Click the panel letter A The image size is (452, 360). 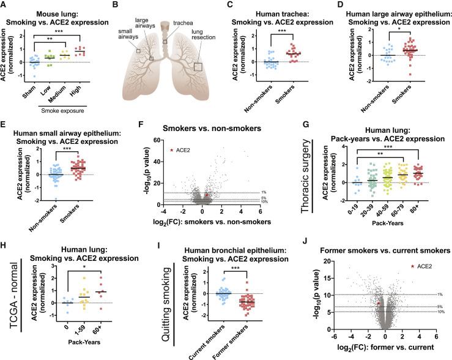(x=5, y=6)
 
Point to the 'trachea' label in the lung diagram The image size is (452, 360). (x=181, y=20)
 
